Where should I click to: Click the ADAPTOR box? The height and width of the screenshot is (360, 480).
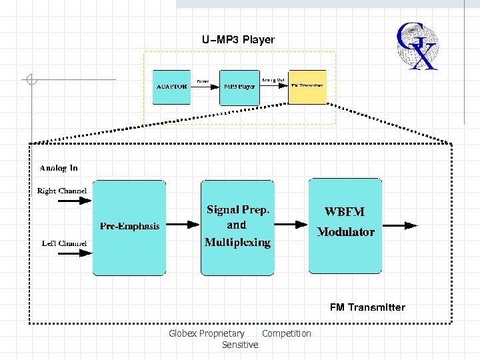pyautogui.click(x=172, y=87)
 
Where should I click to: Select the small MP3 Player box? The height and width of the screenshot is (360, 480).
pyautogui.click(x=239, y=87)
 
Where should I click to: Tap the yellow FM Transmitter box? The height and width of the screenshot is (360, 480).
pyautogui.click(x=307, y=87)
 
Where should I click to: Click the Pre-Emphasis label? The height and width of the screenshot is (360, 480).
pyautogui.click(x=130, y=226)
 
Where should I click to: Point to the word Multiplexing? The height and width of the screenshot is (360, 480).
pyautogui.click(x=238, y=242)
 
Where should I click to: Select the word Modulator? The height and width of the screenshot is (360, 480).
pyautogui.click(x=345, y=232)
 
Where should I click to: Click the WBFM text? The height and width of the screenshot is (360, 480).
pyautogui.click(x=344, y=212)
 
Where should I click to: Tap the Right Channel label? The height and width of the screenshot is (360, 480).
pyautogui.click(x=62, y=191)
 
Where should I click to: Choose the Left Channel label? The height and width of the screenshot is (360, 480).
pyautogui.click(x=64, y=243)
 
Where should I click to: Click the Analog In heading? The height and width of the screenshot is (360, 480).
pyautogui.click(x=59, y=168)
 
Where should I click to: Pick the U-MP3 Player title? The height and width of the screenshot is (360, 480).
pyautogui.click(x=238, y=40)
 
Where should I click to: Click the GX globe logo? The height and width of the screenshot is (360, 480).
pyautogui.click(x=417, y=45)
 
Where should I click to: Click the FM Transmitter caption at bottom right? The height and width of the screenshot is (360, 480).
pyautogui.click(x=367, y=307)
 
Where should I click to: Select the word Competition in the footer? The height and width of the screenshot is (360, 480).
pyautogui.click(x=287, y=333)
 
